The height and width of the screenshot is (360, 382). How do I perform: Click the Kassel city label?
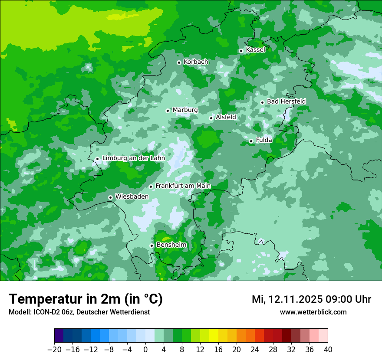tap(255, 50)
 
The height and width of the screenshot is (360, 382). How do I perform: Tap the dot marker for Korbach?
tap(179, 62)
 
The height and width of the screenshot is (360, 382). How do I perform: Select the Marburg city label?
tap(185, 110)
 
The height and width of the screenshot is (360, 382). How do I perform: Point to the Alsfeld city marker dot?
tap(211, 118)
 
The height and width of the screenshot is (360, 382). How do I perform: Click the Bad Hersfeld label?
tap(286, 101)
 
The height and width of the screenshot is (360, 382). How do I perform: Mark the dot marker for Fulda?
tap(251, 141)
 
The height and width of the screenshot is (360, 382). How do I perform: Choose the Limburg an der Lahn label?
tap(133, 158)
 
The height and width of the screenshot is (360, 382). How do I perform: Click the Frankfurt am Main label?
tap(183, 186)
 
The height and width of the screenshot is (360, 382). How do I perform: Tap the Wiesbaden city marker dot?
tap(111, 197)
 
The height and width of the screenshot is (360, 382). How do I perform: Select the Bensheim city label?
tap(171, 245)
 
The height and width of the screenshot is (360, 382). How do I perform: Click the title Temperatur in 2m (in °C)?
tap(86, 299)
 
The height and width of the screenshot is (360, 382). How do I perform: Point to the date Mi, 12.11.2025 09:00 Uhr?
tap(311, 299)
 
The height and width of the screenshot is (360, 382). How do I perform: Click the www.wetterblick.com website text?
tap(313, 312)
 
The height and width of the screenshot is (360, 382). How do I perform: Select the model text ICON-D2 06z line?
tap(79, 312)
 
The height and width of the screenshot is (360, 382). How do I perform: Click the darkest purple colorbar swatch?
tap(59, 336)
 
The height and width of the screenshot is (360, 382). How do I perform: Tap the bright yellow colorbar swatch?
tap(214, 336)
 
